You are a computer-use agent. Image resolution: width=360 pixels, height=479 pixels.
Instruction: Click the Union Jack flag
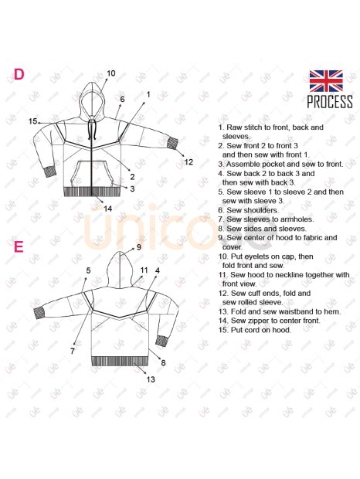tap(326, 81)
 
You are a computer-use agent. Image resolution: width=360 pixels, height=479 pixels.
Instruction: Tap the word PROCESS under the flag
tap(330, 102)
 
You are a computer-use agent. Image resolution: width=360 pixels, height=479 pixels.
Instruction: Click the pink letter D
tap(19, 74)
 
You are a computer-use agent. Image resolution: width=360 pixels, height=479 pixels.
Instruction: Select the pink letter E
tap(19, 246)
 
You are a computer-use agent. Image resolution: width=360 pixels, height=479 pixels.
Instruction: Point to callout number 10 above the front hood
tap(111, 73)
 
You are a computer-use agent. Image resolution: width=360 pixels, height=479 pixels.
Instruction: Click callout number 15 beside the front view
tap(32, 121)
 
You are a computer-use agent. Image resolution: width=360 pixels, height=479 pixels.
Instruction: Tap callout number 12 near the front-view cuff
tap(188, 162)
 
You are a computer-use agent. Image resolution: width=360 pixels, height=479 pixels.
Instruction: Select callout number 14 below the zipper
tap(108, 209)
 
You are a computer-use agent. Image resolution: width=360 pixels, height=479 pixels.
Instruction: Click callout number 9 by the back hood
tap(138, 247)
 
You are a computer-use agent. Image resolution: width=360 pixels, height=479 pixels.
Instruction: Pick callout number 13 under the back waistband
tap(151, 379)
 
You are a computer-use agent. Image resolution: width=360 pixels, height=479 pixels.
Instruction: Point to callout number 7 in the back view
tap(73, 352)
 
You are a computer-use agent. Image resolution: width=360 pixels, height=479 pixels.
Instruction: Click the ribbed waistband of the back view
tap(120, 361)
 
